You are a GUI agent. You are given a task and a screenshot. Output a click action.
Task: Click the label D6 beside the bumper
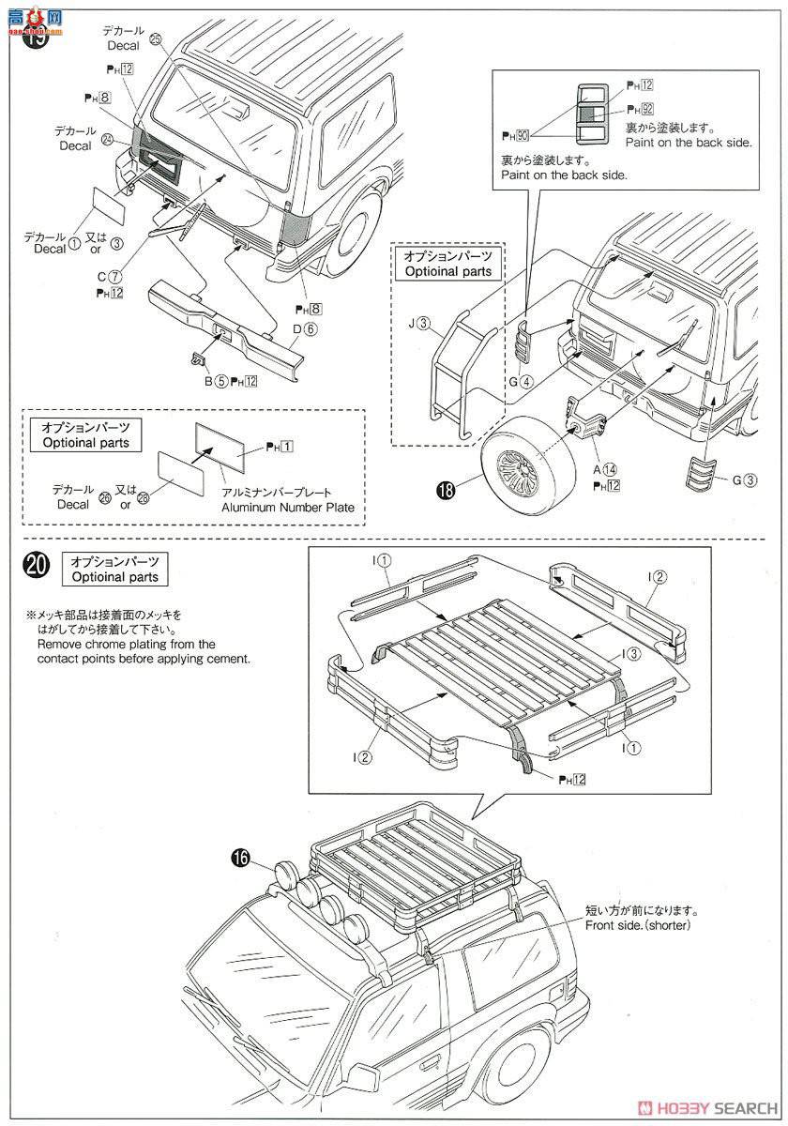[x=305, y=328]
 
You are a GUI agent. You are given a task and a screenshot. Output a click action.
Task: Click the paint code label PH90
[x=515, y=135]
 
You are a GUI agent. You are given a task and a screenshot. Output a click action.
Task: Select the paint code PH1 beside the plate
[x=280, y=445]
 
